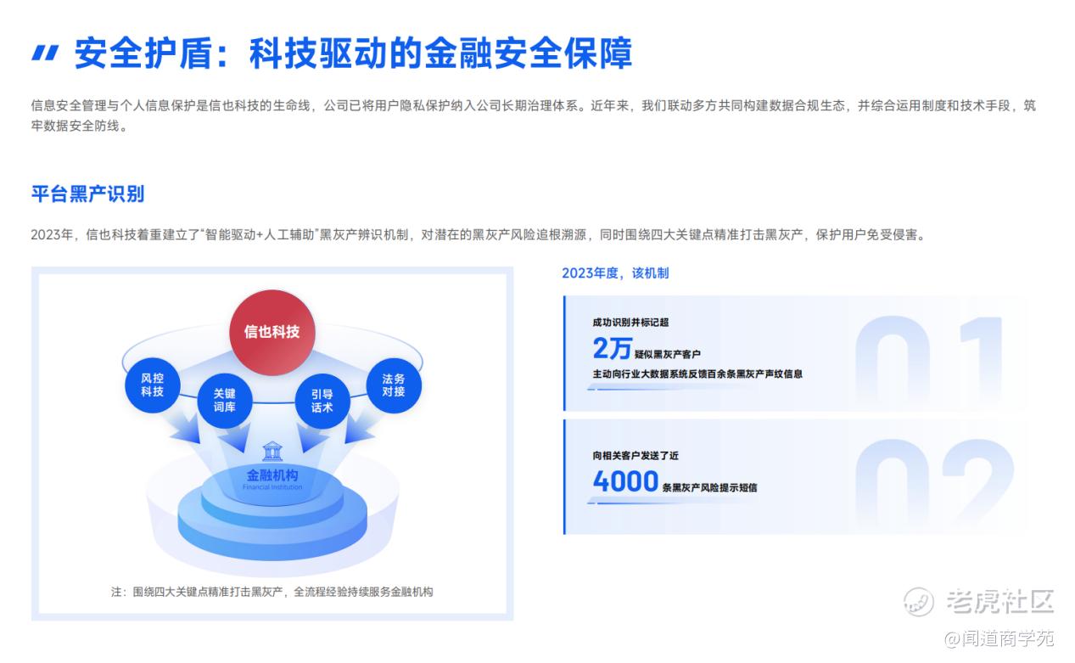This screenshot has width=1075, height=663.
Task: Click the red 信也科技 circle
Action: (x=272, y=332)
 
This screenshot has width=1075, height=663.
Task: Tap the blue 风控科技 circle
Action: (x=153, y=385)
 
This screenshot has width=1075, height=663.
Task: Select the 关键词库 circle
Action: (x=225, y=401)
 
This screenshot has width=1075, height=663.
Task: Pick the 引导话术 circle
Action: (x=322, y=402)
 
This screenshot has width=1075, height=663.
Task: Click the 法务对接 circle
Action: (x=394, y=385)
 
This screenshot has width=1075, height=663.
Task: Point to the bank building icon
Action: (x=272, y=452)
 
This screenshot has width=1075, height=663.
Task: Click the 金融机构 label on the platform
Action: (x=272, y=475)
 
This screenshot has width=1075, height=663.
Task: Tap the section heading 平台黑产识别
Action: (x=88, y=194)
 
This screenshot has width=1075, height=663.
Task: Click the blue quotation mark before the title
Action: (x=45, y=53)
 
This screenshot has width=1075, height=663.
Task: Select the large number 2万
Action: (x=612, y=348)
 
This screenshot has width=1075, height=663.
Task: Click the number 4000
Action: (x=625, y=481)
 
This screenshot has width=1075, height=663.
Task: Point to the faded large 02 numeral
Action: (x=934, y=484)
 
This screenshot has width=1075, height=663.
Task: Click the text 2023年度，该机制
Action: (x=615, y=273)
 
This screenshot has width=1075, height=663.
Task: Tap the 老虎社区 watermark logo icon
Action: (x=919, y=601)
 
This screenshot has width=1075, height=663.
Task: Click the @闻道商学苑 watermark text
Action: (x=999, y=638)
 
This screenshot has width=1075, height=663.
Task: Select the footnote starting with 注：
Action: (x=272, y=592)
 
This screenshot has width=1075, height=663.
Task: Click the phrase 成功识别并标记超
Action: (x=630, y=322)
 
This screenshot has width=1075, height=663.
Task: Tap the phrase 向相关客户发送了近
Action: (x=635, y=456)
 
